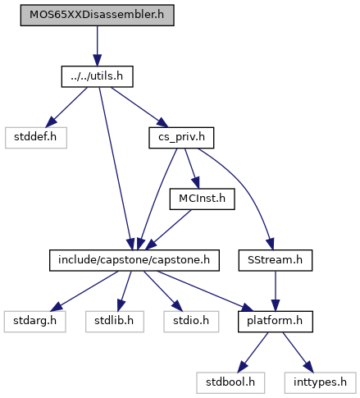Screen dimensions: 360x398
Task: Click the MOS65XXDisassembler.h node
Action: tap(98, 15)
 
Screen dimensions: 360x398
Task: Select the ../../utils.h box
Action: tap(98, 76)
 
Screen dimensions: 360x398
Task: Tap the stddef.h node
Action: tap(36, 138)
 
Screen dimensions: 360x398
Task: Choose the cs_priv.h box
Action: tap(181, 138)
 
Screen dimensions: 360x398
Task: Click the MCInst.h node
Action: tap(203, 199)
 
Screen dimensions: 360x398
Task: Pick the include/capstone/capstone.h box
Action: tap(134, 260)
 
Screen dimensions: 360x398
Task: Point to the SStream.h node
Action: tap(276, 260)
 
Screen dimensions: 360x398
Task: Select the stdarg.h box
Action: tap(35, 322)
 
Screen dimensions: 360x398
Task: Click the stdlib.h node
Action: tap(115, 322)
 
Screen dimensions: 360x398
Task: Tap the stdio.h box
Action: tap(191, 322)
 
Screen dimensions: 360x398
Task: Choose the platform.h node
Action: tap(276, 322)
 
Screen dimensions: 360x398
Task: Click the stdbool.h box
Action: tap(230, 382)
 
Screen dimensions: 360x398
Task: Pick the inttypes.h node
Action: tap(320, 382)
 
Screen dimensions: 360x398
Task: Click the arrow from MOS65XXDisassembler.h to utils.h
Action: tap(98, 46)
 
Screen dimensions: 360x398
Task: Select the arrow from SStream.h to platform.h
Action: tap(276, 291)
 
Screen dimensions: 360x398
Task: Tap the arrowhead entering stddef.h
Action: tap(51, 122)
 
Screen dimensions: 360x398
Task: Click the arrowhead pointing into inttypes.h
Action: tap(308, 367)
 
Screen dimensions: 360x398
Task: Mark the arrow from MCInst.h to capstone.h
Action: tap(168, 230)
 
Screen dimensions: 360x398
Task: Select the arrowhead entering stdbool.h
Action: tap(243, 367)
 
